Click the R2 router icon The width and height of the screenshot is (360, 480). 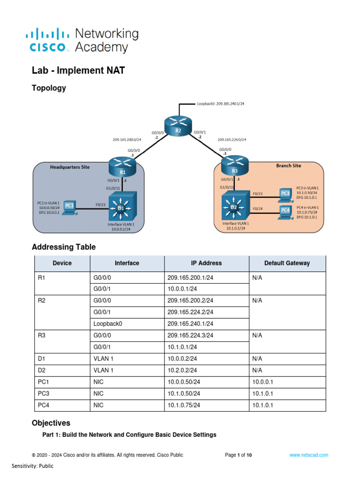(178, 127)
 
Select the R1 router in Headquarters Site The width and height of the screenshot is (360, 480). (122, 168)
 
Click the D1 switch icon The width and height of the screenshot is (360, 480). (122, 207)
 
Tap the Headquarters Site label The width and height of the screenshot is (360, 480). (70, 167)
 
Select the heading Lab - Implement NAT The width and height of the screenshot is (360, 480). (78, 71)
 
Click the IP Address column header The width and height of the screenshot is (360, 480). (206, 263)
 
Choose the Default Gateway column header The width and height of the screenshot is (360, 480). (287, 263)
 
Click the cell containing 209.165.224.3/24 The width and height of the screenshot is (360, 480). (190, 336)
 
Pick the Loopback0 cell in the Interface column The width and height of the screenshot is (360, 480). (108, 323)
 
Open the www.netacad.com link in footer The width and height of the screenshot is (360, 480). (308, 455)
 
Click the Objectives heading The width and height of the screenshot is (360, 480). (51, 423)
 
